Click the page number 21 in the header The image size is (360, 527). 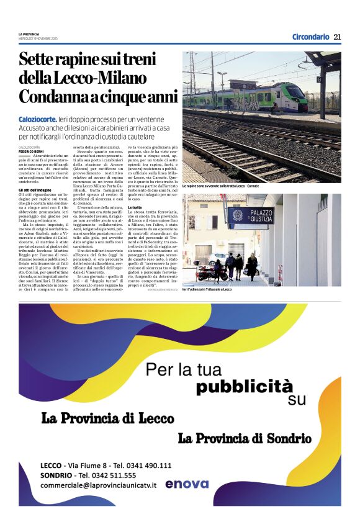(x=338, y=37)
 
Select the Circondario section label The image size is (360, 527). (x=310, y=37)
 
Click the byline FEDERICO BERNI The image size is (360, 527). (x=30, y=150)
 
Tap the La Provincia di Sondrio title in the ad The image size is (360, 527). (x=245, y=438)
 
